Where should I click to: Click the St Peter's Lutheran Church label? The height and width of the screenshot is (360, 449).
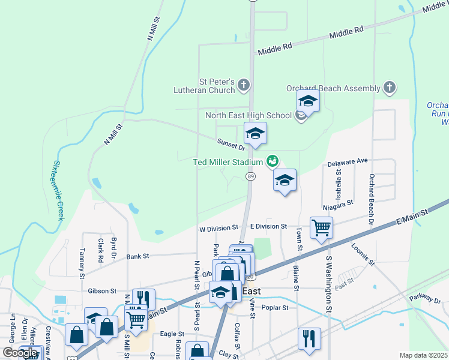pos(217,86)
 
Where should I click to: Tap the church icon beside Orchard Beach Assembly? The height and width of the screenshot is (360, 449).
pos(389,88)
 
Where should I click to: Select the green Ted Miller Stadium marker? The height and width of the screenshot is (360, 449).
pos(273,161)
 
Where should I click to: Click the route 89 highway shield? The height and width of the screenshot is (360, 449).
pos(250,176)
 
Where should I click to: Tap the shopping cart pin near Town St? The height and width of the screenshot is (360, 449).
pos(321,228)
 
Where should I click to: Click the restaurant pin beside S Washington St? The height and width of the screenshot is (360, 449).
pos(309,338)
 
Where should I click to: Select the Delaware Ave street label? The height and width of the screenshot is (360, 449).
pos(347,162)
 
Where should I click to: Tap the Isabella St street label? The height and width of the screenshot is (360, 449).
pos(339,180)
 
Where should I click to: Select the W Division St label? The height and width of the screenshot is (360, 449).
pos(218,228)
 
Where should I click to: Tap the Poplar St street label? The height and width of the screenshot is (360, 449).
pos(276,307)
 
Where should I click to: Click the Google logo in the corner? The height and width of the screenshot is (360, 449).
pos(20,353)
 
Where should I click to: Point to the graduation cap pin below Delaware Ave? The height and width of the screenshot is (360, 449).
pos(285,180)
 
